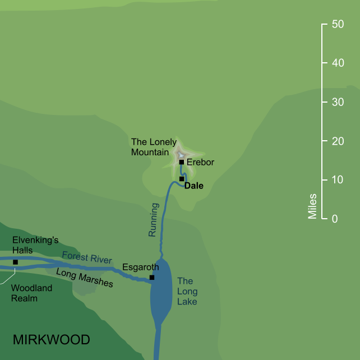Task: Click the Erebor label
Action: [200, 163]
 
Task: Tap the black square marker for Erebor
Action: [182, 162]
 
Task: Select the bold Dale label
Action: [194, 186]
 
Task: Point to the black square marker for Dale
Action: [182, 179]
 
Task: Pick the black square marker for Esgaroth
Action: [152, 278]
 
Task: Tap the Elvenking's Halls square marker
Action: [15, 262]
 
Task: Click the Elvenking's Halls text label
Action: [35, 245]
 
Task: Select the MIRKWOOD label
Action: [51, 340]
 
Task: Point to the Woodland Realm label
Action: [31, 293]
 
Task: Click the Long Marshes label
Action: [84, 277]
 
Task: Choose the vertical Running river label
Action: [153, 219]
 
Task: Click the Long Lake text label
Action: [187, 291]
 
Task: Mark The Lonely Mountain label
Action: [153, 147]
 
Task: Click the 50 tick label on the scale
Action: [338, 25]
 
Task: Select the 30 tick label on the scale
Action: [338, 103]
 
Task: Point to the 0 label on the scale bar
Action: [334, 219]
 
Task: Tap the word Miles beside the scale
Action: [312, 206]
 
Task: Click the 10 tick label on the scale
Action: [338, 180]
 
